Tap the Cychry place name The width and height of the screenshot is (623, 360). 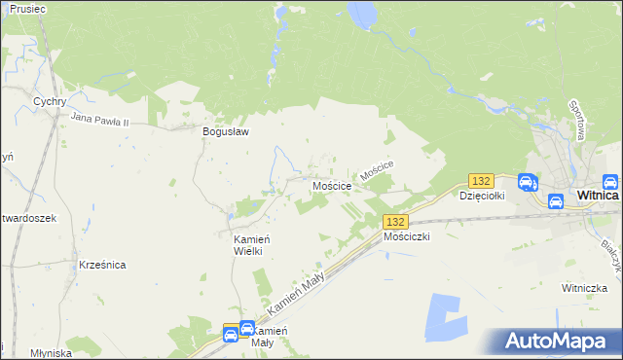(x=49, y=100)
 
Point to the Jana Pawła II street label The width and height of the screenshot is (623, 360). (x=114, y=119)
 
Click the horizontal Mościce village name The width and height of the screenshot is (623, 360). (x=331, y=185)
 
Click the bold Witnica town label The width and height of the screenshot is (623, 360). (x=599, y=195)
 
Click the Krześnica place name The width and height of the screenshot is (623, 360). (x=101, y=265)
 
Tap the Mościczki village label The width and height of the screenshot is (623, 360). (x=407, y=236)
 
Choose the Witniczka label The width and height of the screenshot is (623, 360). (x=583, y=288)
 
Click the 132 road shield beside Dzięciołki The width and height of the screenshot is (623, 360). (x=481, y=181)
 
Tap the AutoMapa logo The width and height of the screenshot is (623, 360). (x=553, y=341)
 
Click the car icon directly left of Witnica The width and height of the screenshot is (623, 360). (x=555, y=201)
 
